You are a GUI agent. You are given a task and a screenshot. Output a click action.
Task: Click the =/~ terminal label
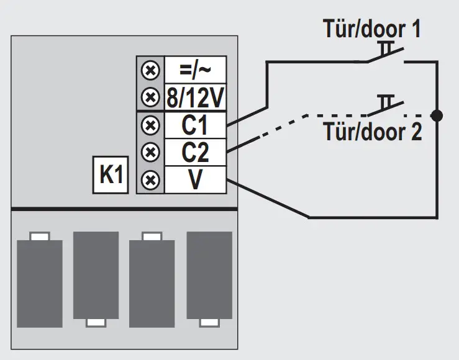pyautogui.click(x=194, y=70)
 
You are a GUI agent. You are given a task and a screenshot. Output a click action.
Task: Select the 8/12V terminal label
pyautogui.click(x=194, y=97)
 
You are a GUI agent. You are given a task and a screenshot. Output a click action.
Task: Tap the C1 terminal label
pyautogui.click(x=194, y=125)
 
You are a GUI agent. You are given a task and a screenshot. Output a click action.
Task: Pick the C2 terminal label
pyautogui.click(x=194, y=153)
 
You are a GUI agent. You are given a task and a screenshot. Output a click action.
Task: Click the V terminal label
pyautogui.click(x=194, y=180)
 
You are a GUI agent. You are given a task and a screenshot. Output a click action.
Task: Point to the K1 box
pyautogui.click(x=111, y=176)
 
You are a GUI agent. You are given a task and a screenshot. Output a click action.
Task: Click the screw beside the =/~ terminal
pyautogui.click(x=150, y=70)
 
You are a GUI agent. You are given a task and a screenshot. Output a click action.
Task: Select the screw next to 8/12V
pyautogui.click(x=150, y=97)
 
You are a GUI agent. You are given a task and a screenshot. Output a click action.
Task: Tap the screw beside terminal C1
pyautogui.click(x=150, y=125)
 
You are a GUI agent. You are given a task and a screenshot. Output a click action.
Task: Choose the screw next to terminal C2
pyautogui.click(x=150, y=153)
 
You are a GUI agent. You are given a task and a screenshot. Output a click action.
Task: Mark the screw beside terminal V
pyautogui.click(x=150, y=180)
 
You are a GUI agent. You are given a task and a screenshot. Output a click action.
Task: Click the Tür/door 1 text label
pyautogui.click(x=371, y=29)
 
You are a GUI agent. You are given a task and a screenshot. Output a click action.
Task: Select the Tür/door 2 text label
pyautogui.click(x=371, y=132)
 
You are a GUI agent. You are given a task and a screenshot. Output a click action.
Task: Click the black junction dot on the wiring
pyautogui.click(x=437, y=115)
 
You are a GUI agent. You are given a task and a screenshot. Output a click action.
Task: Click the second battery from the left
pyautogui.click(x=96, y=280)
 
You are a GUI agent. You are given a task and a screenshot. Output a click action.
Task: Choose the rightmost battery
pyautogui.click(x=209, y=280)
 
